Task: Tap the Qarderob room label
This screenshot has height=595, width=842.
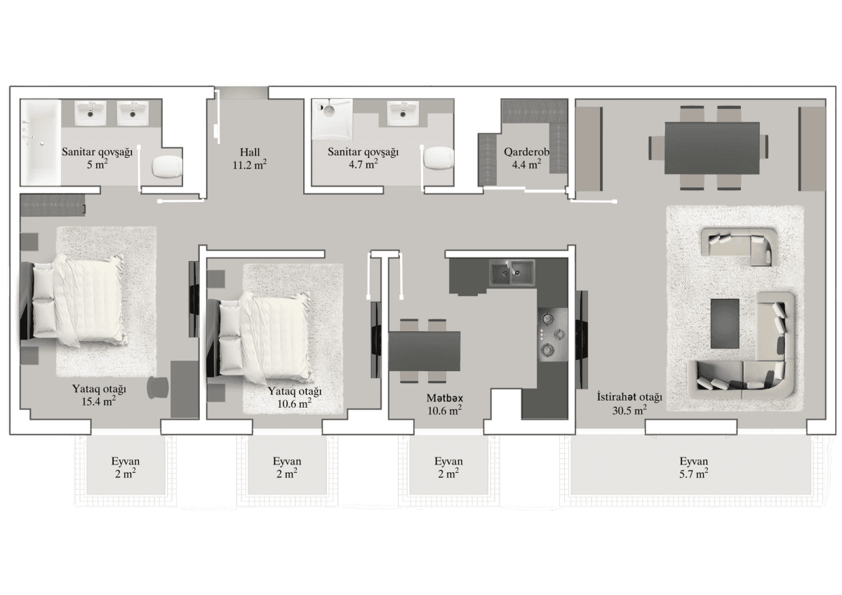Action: pos(526,159)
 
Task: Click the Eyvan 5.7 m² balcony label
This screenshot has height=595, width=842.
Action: pos(693,467)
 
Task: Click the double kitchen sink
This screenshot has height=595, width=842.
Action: pos(512,274)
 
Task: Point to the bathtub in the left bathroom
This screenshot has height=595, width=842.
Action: pos(39,143)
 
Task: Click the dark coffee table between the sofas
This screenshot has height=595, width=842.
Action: pos(725,323)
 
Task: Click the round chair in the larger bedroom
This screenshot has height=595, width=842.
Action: pos(159,387)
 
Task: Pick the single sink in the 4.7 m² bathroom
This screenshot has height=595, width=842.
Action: pos(403,113)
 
